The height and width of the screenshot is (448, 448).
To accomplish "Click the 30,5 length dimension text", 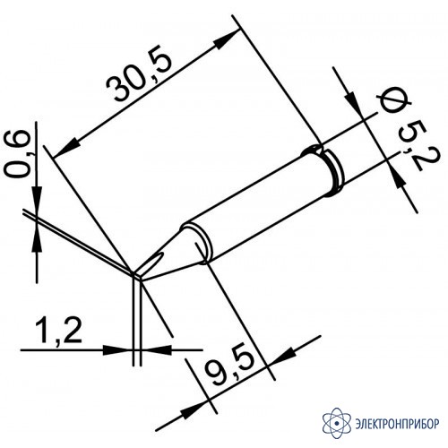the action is coord(140,77).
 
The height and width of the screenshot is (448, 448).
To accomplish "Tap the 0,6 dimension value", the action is coord(19,155).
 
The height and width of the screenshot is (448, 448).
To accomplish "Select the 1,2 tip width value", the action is coord(59,332).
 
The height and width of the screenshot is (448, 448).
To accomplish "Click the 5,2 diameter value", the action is coord(411,148).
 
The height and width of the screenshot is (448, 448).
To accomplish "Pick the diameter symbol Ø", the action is coord(393,104).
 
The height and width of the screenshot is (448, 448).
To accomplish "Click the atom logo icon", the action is coord(337,423).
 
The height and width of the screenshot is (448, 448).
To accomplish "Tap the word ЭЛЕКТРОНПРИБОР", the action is coord(398,424).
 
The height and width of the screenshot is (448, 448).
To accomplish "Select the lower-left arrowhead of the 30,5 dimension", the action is coord(65,148).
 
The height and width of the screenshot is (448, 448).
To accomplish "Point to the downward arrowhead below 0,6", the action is coord(37,196).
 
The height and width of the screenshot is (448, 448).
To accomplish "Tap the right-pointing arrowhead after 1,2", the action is coord(117,349).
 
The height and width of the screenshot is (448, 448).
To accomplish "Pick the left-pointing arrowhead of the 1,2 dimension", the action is coord(155,349).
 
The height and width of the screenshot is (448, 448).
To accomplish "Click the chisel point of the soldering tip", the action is coord(137,276).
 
